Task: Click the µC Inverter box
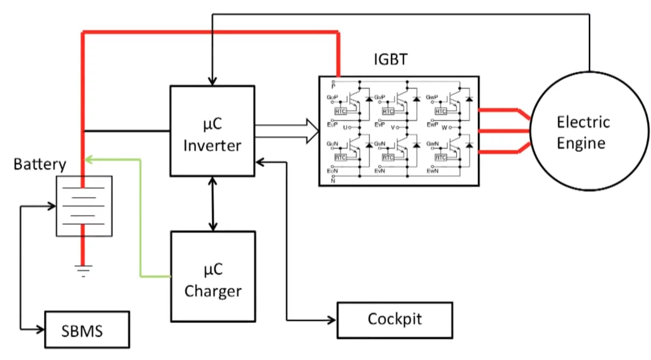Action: click(212, 130)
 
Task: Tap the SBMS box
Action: click(87, 329)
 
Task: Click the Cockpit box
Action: click(394, 320)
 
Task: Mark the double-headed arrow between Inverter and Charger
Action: click(213, 204)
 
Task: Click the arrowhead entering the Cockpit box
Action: click(331, 320)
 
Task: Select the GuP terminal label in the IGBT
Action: click(332, 98)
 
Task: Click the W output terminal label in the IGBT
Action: click(445, 128)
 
